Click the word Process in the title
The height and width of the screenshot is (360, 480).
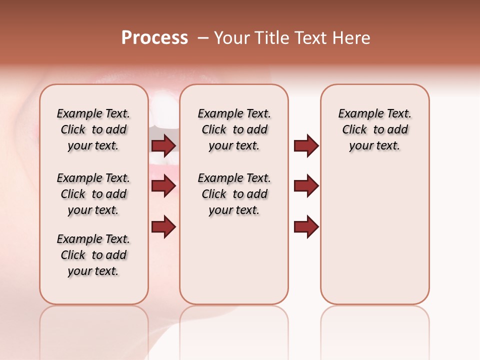(154, 38)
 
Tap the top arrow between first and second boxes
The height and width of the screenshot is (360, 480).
(163, 145)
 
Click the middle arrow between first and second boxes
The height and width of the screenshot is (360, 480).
(163, 186)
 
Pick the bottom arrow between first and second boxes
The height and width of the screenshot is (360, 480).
(163, 226)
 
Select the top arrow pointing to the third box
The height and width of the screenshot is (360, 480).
(306, 145)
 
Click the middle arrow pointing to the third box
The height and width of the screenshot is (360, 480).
(306, 186)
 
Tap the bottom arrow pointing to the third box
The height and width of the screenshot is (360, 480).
(306, 226)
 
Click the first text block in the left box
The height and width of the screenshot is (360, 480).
(93, 129)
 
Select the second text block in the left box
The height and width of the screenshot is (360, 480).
(93, 194)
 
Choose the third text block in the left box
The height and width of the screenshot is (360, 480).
(93, 255)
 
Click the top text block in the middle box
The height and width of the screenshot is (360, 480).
(234, 129)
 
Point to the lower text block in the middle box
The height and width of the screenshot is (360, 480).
(234, 194)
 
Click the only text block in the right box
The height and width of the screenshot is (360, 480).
(374, 129)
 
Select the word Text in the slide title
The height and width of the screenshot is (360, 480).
(310, 38)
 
